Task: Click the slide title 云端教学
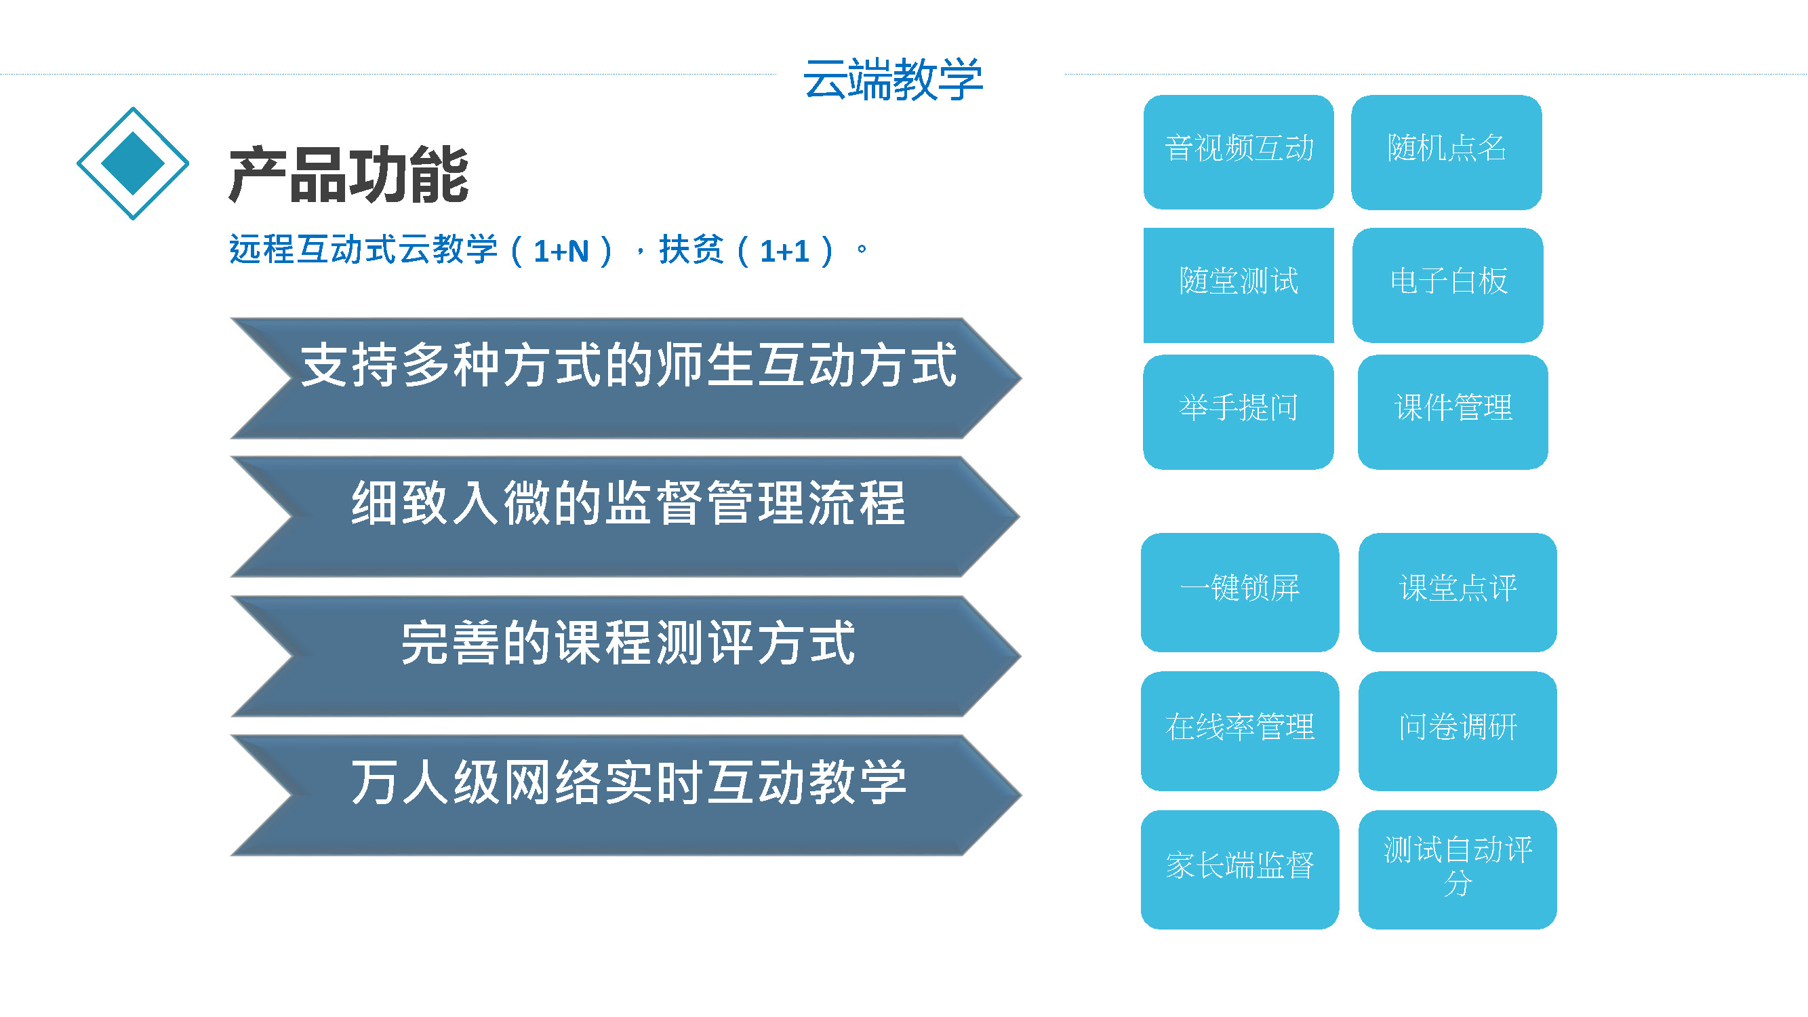point(893,79)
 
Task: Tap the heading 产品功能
point(349,175)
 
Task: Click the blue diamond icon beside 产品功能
point(133,163)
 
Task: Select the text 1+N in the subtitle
point(561,252)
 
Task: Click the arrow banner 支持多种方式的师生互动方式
point(625,378)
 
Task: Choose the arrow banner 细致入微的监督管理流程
point(625,517)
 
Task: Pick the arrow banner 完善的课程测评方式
point(625,656)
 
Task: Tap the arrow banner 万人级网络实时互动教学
point(625,795)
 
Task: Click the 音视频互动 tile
point(1239,152)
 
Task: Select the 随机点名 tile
point(1447,152)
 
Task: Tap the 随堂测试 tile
point(1239,285)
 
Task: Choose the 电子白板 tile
point(1448,285)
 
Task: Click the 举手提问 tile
point(1239,412)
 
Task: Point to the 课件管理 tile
point(1453,412)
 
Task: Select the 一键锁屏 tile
point(1240,593)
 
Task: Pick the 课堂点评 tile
point(1458,593)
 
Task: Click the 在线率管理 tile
point(1240,731)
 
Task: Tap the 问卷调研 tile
point(1458,731)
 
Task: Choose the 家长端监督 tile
point(1240,870)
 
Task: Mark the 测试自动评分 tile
point(1458,870)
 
